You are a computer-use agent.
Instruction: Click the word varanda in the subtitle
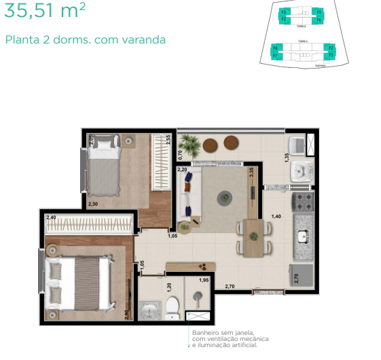pyautogui.click(x=145, y=39)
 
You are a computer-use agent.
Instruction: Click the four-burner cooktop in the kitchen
pyautogui.click(x=302, y=202)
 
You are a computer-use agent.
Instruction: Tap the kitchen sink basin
pyautogui.click(x=303, y=236)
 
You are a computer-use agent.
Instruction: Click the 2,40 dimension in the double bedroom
pyautogui.click(x=51, y=217)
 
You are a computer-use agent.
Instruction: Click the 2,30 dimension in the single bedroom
pyautogui.click(x=93, y=203)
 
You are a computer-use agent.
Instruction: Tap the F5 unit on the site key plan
pyautogui.click(x=319, y=12)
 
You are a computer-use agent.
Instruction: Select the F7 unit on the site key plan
pyautogui.click(x=274, y=54)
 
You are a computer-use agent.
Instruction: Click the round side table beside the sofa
pyautogui.click(x=184, y=227)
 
